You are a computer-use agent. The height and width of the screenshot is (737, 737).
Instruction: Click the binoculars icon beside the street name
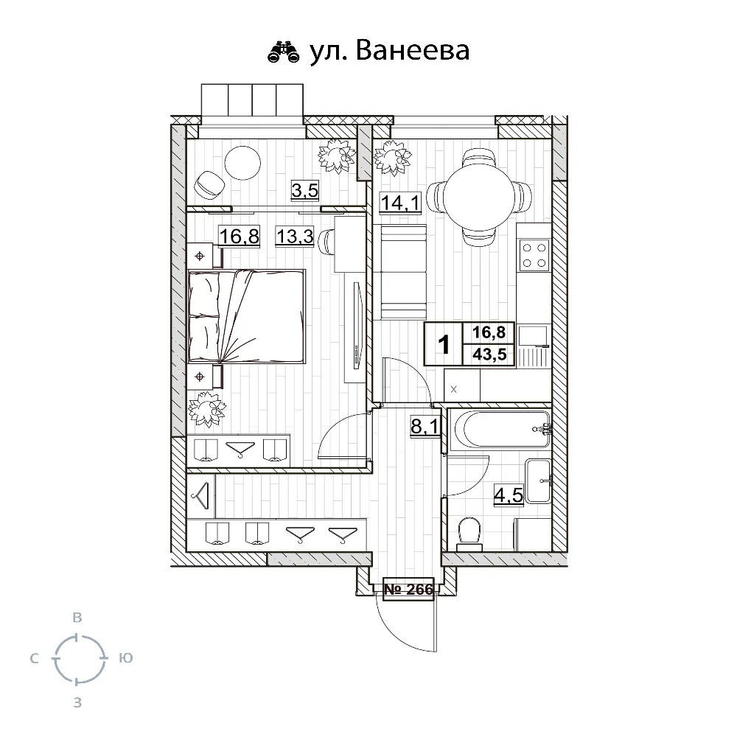pos(283,52)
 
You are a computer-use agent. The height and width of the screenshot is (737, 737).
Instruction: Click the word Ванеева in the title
pos(413,50)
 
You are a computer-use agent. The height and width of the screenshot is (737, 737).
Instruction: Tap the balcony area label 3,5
pos(305,191)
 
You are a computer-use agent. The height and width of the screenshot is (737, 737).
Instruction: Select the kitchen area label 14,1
pos(400,203)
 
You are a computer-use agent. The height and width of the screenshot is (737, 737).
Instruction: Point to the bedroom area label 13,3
pos(295,236)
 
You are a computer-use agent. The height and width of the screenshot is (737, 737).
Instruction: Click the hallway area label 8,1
pos(425,427)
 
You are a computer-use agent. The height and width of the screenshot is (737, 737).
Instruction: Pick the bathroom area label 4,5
pos(509,495)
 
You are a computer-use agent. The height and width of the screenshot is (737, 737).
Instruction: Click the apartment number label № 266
pos(408,589)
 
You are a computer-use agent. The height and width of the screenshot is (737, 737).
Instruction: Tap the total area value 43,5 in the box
pos(489,354)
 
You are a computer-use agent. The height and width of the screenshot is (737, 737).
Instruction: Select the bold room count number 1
pos(444,344)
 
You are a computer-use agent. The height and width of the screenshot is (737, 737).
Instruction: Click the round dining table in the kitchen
pos(478,196)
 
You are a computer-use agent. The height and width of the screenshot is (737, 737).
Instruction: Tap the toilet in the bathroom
pos(469,534)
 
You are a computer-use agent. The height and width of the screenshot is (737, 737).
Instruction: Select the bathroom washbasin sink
pos(539,481)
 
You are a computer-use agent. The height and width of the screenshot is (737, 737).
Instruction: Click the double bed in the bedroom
pos(246,316)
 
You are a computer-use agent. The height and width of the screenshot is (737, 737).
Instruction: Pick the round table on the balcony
pos(242,163)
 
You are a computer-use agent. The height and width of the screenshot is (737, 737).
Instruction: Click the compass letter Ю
pos(126,658)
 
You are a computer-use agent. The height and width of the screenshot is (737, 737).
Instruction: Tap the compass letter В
pos(77,618)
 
